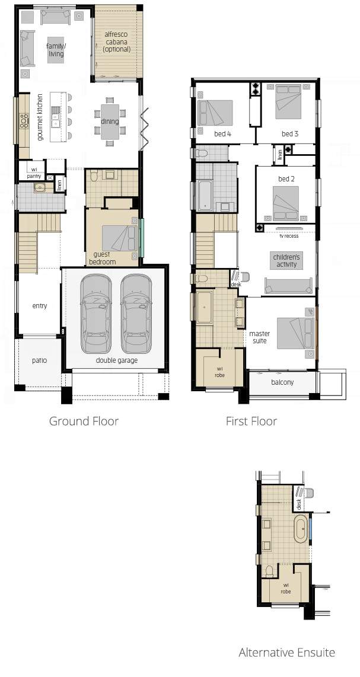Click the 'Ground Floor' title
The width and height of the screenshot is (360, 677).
point(84,421)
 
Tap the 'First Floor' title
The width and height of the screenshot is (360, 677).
point(251,421)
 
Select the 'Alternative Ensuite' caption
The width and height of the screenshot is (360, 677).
point(286,652)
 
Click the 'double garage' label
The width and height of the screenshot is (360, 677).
point(117,360)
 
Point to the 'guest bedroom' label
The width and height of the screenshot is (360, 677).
point(103,258)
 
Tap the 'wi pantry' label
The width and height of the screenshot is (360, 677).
point(34,174)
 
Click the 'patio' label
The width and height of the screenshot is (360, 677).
point(39,360)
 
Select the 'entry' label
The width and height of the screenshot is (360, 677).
point(39,306)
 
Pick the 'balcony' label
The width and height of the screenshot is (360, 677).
point(283,382)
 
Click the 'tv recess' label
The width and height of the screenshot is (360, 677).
point(289,236)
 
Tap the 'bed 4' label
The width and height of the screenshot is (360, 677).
point(222,134)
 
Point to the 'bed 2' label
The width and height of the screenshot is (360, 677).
point(286,179)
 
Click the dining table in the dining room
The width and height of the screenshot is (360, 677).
point(110,122)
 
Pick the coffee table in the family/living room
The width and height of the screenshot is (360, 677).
point(56,50)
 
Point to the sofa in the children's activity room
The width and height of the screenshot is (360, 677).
point(289,286)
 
